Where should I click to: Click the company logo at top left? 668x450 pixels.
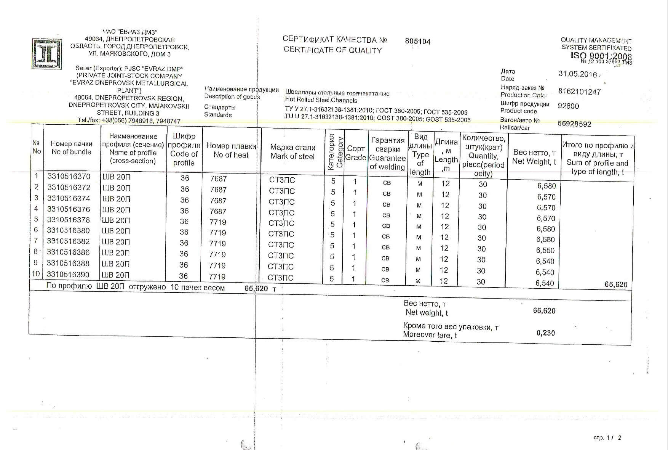click(46, 54)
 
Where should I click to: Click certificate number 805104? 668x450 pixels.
click(417, 41)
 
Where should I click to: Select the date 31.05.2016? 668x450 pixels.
click(577, 74)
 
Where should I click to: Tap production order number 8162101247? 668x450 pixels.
click(579, 92)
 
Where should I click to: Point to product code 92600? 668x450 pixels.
click(568, 106)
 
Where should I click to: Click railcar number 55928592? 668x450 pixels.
click(574, 124)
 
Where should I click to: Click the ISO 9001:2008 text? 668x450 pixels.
click(601, 56)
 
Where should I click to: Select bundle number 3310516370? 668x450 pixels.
click(69, 176)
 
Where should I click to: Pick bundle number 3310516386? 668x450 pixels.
click(68, 252)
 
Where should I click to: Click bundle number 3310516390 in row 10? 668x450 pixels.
click(68, 275)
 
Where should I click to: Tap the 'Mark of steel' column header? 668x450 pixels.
click(292, 152)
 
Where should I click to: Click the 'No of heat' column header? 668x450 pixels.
click(231, 150)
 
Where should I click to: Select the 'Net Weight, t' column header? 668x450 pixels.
click(534, 157)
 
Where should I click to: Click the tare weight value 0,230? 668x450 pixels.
click(545, 333)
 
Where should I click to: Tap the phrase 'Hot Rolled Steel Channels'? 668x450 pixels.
click(321, 100)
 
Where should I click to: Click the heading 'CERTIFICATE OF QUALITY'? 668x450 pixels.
click(332, 50)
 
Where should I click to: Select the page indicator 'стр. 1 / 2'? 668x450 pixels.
click(607, 437)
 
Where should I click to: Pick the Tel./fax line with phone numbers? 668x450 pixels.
click(129, 121)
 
